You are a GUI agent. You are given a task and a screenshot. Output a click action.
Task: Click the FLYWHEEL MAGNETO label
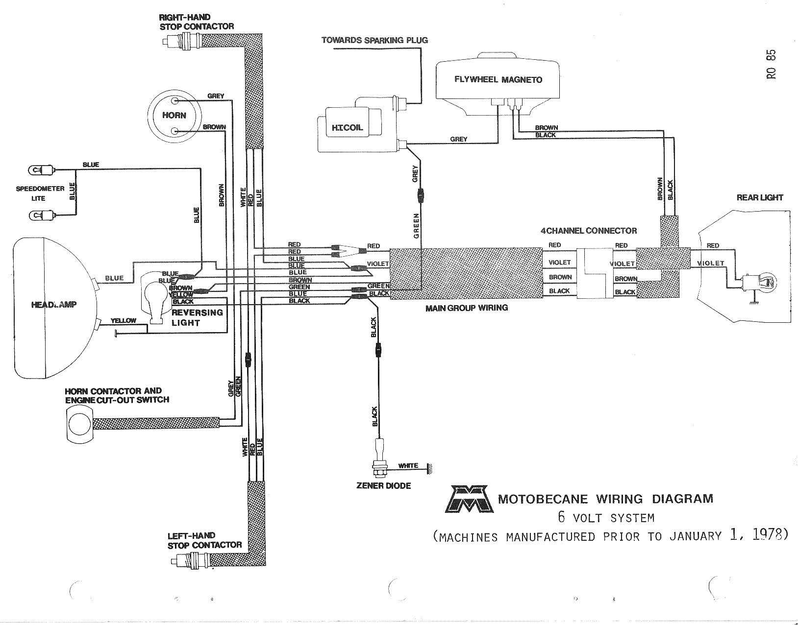tap(498, 79)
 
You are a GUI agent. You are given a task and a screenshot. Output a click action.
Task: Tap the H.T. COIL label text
tap(347, 128)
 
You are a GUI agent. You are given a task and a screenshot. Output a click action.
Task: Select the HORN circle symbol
tap(174, 116)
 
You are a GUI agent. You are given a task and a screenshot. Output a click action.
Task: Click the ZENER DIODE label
tap(383, 486)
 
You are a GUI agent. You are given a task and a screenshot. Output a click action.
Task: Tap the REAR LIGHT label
tap(759, 198)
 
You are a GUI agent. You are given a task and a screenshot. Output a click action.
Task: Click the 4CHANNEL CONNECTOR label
tap(588, 231)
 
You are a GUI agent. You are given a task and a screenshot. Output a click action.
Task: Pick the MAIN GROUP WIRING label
tap(466, 308)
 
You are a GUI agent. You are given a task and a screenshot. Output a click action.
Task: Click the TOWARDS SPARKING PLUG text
tap(374, 40)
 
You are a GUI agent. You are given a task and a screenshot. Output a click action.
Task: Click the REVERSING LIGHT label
tap(197, 317)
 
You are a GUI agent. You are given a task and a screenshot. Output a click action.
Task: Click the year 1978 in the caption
tap(769, 534)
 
